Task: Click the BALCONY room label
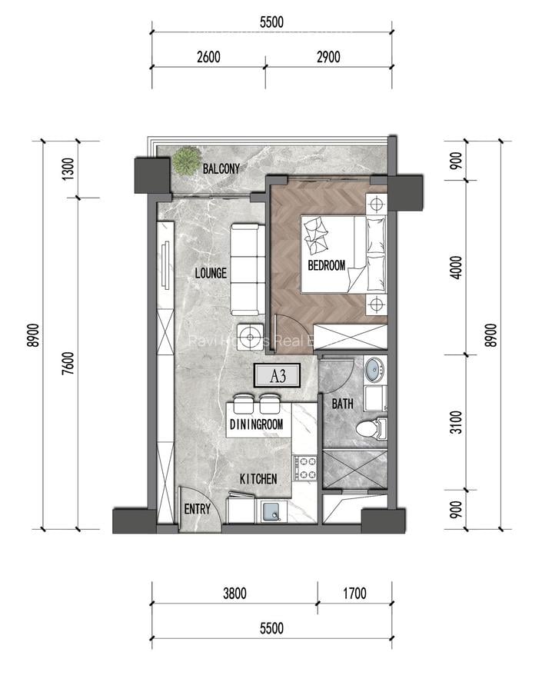pos(221,168)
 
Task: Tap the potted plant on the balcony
pos(185,161)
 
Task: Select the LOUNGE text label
pos(210,273)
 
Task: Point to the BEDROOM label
pos(326,266)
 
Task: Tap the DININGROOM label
pos(256,424)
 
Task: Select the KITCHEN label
pos(258,479)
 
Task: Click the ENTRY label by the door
pos(198,509)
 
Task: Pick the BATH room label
pos(342,404)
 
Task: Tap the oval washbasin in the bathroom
pos(374,370)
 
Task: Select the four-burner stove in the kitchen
pos(305,468)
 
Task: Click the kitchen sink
pos(271,511)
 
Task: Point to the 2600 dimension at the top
pos(208,56)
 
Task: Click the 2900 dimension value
pos(328,56)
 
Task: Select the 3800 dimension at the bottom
pos(234,593)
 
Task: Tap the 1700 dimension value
pos(354,593)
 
